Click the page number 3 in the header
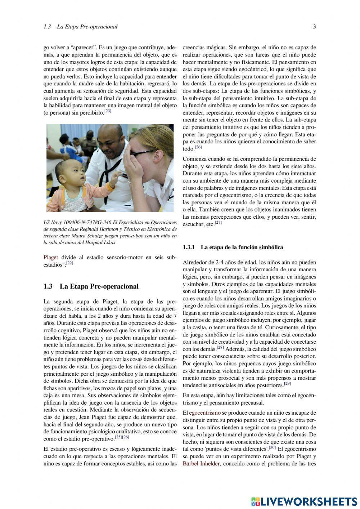click(x=314, y=27)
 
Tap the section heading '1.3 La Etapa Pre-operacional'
click(x=91, y=286)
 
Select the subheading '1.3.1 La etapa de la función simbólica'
click(x=233, y=247)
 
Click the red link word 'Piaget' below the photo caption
click(x=51, y=257)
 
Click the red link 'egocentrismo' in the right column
click(x=205, y=413)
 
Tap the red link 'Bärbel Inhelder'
click(x=201, y=464)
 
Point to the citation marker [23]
click(x=108, y=111)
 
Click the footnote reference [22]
click(x=69, y=263)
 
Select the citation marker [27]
click(x=218, y=223)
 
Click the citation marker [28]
click(x=220, y=348)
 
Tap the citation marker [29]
click(x=287, y=384)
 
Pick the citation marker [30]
click(x=272, y=448)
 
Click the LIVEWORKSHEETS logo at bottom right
click(x=304, y=501)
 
